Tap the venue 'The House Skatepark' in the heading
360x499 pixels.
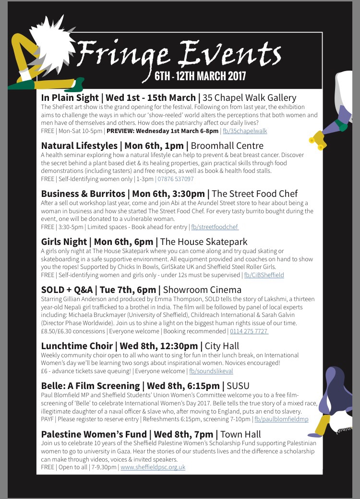[204, 242]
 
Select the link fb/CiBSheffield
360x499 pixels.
[264, 275]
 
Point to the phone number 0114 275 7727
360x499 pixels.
[249, 331]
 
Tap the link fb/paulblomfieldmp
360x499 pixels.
[282, 419]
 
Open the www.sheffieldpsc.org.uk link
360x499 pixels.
[153, 467]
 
